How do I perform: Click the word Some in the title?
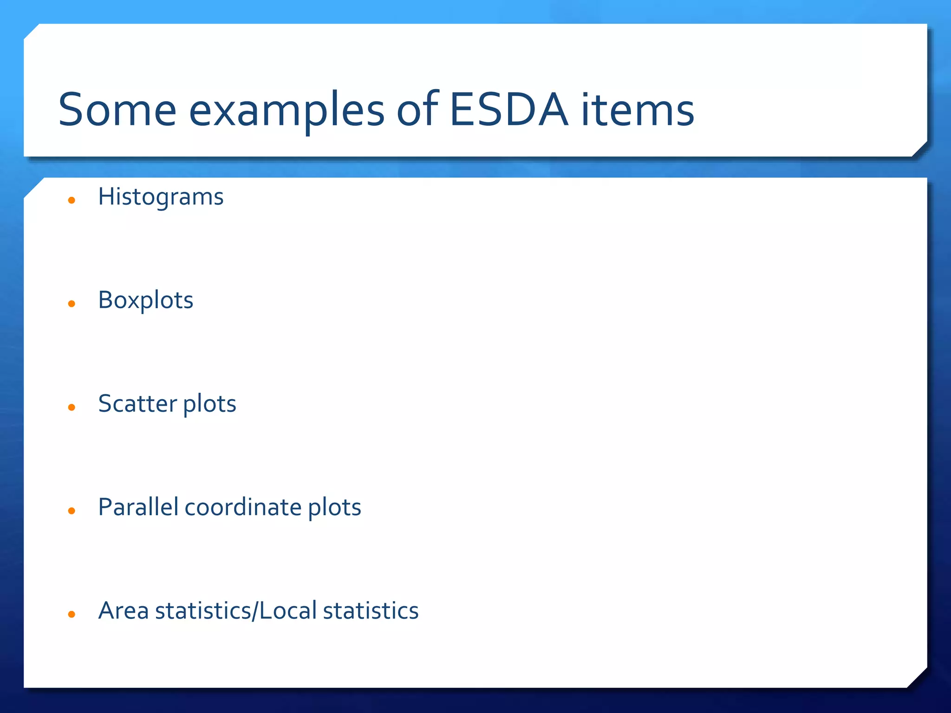[x=117, y=110]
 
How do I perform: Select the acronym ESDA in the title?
[x=508, y=110]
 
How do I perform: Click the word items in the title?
[x=637, y=110]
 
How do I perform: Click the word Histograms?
[x=161, y=197]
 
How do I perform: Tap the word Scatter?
[x=137, y=403]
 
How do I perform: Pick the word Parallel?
[x=138, y=507]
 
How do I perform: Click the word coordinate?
[x=243, y=507]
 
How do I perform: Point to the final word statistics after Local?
[x=371, y=611]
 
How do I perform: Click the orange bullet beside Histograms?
[x=72, y=201]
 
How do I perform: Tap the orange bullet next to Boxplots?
[x=72, y=304]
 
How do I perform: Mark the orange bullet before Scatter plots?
[x=72, y=408]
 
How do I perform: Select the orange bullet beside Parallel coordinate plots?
[x=72, y=511]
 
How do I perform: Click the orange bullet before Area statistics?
[x=72, y=615]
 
